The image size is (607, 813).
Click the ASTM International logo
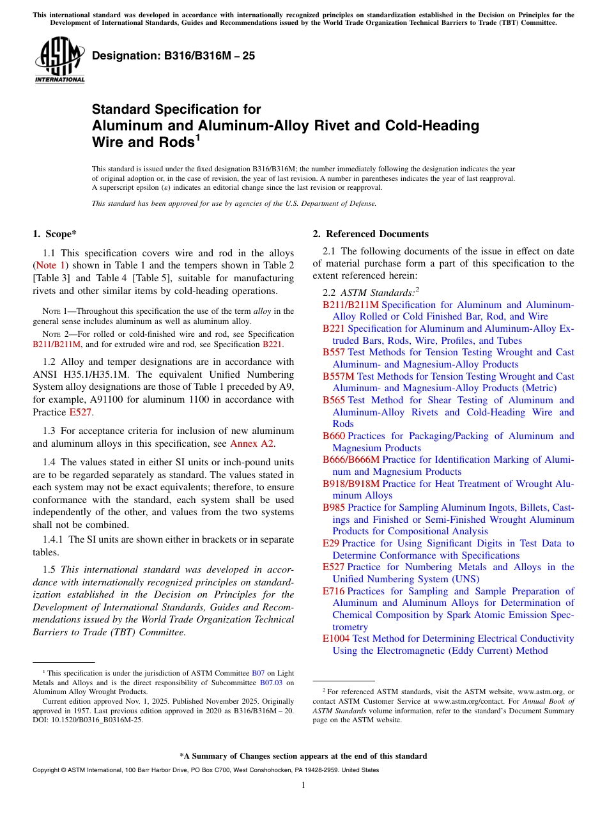click(59, 61)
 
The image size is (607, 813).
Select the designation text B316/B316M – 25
click(173, 56)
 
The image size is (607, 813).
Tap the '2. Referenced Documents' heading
click(371, 234)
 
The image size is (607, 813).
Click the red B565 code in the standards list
click(334, 400)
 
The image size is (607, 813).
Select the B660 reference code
click(334, 436)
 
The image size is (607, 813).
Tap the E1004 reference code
click(336, 639)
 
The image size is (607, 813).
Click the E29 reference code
click(331, 543)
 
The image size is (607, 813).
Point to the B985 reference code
click(334, 507)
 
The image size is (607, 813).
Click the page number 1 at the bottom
click(303, 785)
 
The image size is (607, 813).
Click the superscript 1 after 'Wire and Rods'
click(198, 137)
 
